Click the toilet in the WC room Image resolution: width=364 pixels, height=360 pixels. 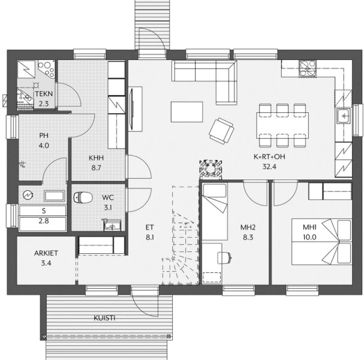pos(83,197)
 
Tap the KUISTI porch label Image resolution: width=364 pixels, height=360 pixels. pos(104,318)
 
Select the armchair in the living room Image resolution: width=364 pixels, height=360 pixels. pos(221,131)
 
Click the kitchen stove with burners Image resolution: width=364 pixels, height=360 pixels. pos(308,68)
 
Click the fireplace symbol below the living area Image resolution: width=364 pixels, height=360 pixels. pos(210,169)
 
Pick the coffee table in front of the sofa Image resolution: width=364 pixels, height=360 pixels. pos(187,112)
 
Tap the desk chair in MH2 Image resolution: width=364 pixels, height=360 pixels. pos(225,258)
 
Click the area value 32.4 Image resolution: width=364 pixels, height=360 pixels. pos(269,167)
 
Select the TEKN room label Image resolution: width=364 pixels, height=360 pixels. pos(44,94)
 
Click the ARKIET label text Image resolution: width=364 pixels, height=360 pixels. pos(46,253)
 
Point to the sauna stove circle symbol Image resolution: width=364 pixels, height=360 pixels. pos(28,195)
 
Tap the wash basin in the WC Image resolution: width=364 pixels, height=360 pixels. pos(112,225)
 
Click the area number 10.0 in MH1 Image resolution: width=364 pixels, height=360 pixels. pos(309,237)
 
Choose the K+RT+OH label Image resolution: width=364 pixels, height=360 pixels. pos(269,157)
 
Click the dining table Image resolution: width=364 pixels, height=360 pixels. pos(282,125)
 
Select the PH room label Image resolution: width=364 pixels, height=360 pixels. pos(44,136)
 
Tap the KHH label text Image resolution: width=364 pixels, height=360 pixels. pos(96,158)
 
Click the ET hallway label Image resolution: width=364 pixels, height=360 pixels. pos(150,227)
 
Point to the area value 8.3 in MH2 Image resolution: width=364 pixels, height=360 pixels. pos(248,238)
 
